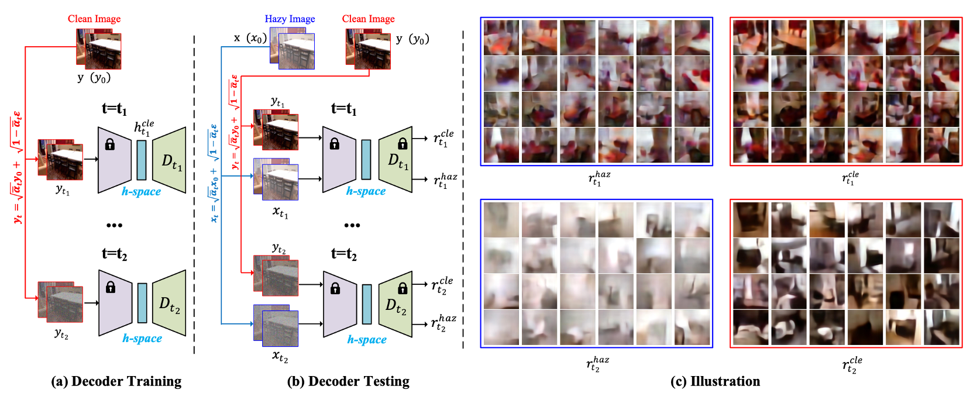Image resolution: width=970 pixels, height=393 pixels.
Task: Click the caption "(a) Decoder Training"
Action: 116,381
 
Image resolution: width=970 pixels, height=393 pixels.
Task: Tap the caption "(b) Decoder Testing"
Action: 348,381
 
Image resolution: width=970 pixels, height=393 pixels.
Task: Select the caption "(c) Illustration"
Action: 715,381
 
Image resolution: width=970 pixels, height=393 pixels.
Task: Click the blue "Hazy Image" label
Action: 290,19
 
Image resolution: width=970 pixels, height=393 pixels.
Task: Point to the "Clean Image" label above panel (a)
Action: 94,19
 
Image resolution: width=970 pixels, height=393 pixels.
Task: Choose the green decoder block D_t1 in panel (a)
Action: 170,161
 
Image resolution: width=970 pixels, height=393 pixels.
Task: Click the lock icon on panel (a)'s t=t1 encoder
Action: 109,144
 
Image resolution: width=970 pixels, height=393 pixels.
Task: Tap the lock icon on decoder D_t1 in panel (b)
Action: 403,143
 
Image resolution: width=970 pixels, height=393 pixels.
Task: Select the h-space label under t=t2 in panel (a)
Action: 142,338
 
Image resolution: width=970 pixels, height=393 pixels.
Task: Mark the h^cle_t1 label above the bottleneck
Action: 144,128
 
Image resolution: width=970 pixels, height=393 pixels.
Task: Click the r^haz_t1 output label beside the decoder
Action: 445,180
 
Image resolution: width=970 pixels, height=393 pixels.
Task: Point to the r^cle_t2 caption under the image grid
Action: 852,365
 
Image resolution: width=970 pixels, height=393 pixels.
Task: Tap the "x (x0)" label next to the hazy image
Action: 250,38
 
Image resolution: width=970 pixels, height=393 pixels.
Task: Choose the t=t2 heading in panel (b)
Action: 344,254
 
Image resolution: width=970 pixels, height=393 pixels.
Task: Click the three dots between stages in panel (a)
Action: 114,225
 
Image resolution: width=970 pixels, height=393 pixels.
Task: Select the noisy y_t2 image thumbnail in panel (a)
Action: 61,302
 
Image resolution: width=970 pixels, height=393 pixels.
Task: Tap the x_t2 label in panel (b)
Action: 280,356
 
